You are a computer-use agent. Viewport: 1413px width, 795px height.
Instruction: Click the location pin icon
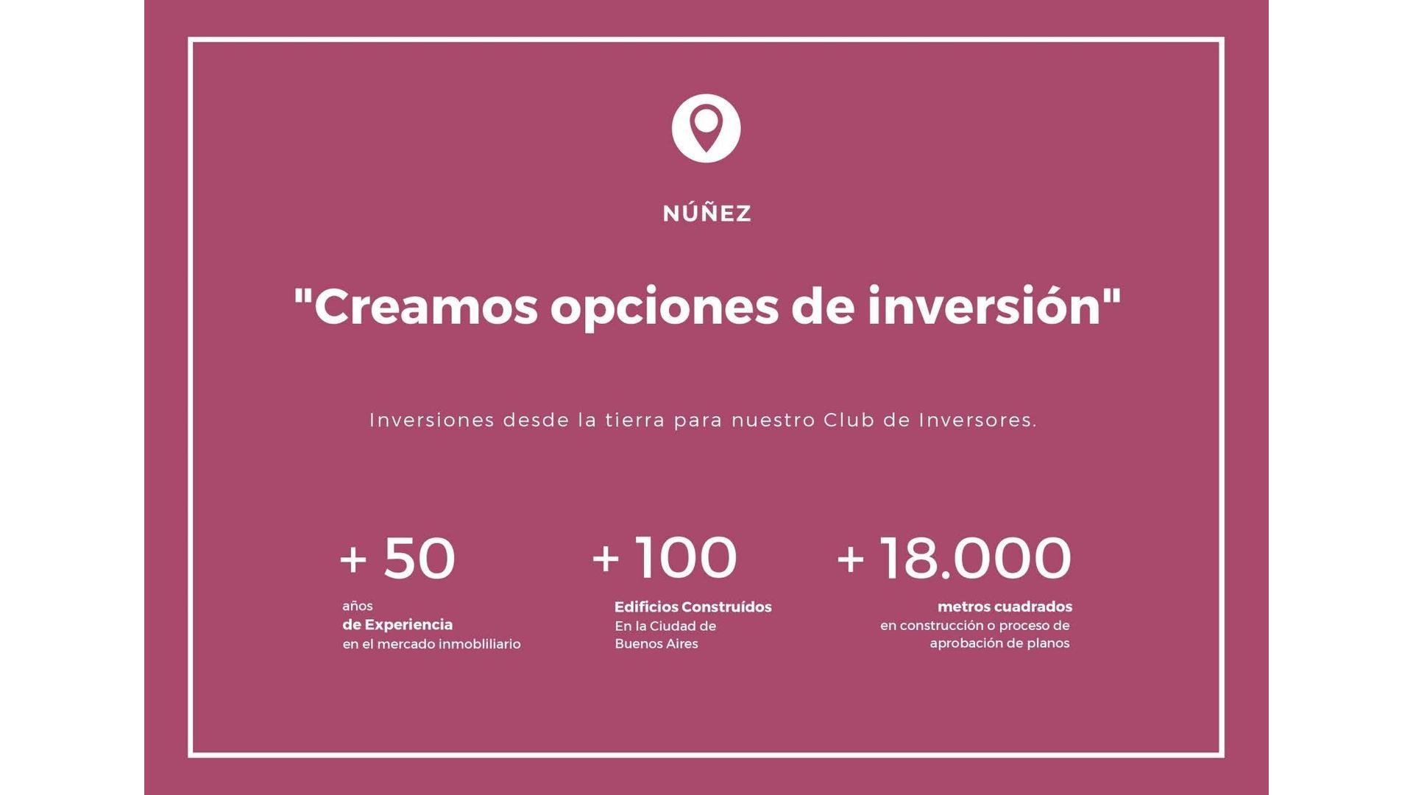[x=706, y=128]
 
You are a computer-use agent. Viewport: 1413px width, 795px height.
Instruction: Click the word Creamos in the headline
[x=425, y=306]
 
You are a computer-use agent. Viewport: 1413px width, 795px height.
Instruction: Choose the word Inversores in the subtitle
[x=977, y=420]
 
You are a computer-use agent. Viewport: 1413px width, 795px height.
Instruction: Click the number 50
[x=419, y=558]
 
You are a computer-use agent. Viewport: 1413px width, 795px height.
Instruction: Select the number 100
[x=686, y=557]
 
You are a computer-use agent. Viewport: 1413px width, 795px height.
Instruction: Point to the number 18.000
[x=975, y=557]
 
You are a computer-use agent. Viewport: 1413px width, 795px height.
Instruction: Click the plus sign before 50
[x=353, y=559]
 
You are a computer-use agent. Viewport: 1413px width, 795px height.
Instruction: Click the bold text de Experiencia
[x=397, y=625]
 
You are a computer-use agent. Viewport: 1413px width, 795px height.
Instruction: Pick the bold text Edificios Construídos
[x=693, y=607]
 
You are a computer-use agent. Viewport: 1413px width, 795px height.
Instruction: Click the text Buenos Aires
[x=656, y=644]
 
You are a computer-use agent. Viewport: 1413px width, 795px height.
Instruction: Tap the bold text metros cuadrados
[x=1005, y=607]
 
